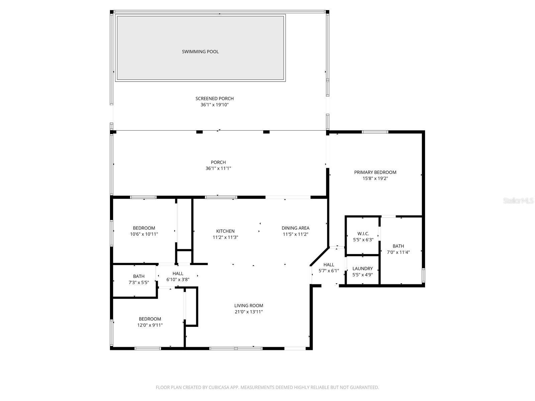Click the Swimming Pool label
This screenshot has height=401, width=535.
point(200,51)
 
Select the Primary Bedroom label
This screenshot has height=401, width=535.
point(375,172)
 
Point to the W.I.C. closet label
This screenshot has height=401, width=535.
point(363,234)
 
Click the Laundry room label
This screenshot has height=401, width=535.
point(362,269)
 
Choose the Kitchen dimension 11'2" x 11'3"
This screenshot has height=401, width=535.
point(225,237)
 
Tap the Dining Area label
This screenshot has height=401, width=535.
point(295,228)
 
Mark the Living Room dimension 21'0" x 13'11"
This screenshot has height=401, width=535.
point(248,312)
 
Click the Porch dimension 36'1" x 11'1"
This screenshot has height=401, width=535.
point(218,168)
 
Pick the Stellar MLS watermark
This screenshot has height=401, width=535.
point(518,201)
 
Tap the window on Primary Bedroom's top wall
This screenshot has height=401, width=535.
point(375,132)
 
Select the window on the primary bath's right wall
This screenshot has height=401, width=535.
point(423,275)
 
